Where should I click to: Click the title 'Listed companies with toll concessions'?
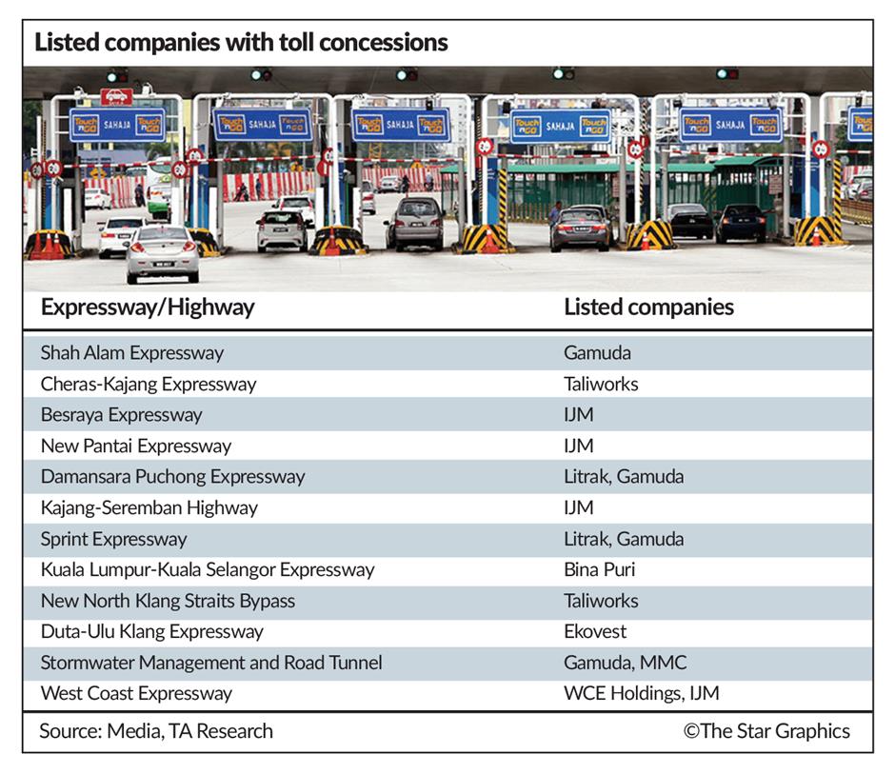coord(241,43)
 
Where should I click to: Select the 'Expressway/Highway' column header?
coord(148,308)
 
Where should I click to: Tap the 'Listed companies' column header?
coord(648,308)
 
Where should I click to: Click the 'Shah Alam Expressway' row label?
coord(131,353)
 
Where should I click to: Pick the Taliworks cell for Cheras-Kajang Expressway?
coord(601,385)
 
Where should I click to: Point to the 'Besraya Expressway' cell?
coord(121,415)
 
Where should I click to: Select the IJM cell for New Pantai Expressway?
coord(578,446)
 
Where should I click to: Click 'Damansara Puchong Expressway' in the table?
coord(172,477)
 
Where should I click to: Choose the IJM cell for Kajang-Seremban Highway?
coord(578,507)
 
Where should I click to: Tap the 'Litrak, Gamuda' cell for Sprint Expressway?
coord(623,539)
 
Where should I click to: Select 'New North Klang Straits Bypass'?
coord(168,601)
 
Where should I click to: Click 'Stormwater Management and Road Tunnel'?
coord(210,663)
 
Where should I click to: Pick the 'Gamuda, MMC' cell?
coord(625,663)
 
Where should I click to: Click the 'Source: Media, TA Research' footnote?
coord(156,731)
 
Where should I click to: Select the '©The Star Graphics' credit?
coord(766,731)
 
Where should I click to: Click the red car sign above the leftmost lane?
coord(116,96)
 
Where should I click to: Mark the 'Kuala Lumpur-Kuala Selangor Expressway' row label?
coord(207,570)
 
